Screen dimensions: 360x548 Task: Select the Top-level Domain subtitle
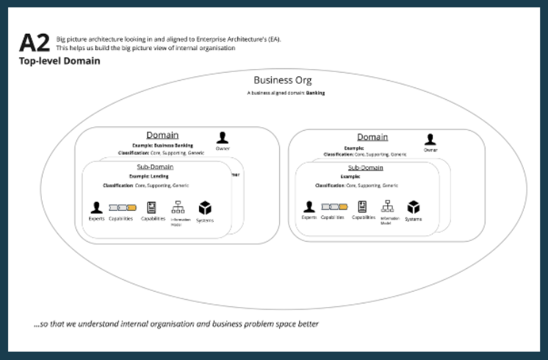[60, 62]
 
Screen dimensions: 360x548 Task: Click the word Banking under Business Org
[316, 93]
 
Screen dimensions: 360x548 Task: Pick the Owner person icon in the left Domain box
[223, 137]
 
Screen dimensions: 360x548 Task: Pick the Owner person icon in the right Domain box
[430, 139]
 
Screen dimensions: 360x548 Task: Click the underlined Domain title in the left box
[162, 135]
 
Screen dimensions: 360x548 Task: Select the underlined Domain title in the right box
[372, 137]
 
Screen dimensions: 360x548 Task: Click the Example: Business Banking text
[162, 145]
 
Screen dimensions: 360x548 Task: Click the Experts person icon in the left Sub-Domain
[96, 207]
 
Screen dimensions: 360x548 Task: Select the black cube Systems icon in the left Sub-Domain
[205, 207]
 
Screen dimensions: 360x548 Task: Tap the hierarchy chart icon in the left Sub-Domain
[177, 207]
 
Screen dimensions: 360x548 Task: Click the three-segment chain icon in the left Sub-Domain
[122, 207]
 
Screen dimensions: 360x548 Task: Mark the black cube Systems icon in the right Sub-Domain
[414, 207]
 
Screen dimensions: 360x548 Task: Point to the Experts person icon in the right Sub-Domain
[309, 207]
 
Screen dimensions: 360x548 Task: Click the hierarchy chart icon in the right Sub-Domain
[387, 206]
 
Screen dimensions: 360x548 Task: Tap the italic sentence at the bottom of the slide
[176, 323]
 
